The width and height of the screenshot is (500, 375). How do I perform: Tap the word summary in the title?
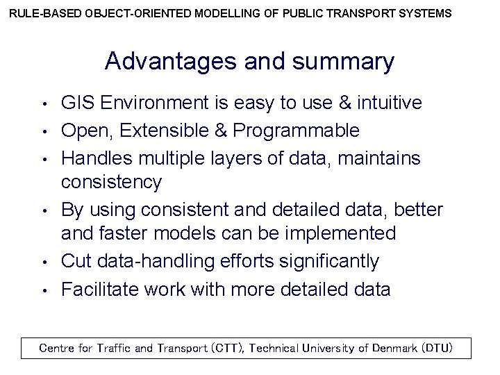coord(343,62)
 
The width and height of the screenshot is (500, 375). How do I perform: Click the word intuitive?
coord(389,103)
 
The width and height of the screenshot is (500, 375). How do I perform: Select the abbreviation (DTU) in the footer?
coord(437,347)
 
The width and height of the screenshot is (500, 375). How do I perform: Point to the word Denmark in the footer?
coord(394,347)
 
